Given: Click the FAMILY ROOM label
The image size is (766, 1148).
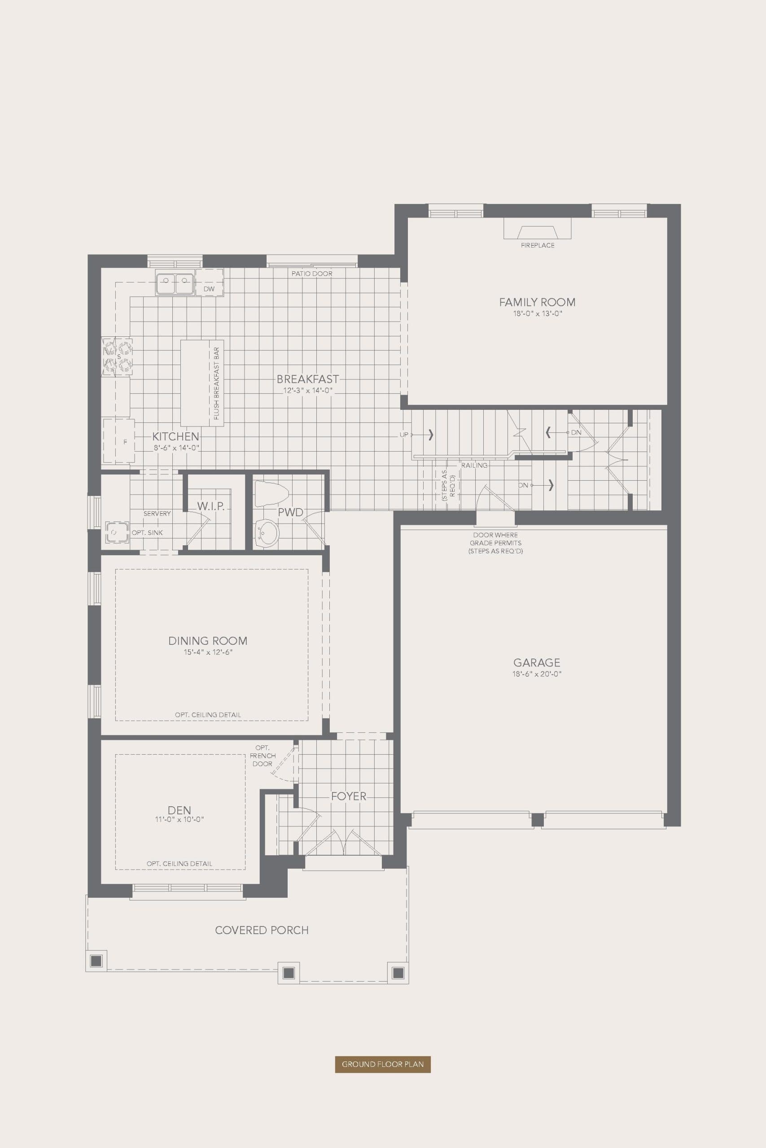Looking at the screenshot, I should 537,302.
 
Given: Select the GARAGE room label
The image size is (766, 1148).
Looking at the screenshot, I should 536,662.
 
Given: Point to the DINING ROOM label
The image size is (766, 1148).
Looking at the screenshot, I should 208,640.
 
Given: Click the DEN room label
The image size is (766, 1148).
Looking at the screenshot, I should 179,810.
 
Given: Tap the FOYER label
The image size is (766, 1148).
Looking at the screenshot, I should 348,796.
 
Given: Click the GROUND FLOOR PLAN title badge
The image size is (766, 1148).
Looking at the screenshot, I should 382,1064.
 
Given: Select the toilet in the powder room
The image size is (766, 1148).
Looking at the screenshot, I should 269,493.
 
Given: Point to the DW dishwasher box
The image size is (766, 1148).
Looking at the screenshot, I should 209,289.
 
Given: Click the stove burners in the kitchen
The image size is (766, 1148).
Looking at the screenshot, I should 117,357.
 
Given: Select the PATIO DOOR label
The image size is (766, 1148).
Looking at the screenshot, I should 312,274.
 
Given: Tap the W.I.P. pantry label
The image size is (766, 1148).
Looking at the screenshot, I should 211,506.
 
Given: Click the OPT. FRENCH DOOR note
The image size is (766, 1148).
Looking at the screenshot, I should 263,756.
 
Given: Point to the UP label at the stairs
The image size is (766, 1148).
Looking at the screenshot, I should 404,435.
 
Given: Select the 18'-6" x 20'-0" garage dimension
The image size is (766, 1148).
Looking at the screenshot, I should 536,674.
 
